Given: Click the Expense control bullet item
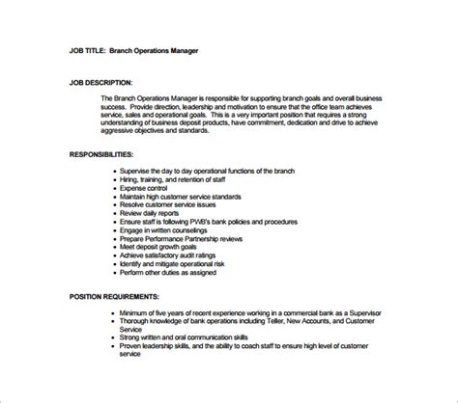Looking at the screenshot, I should pos(150,189).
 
